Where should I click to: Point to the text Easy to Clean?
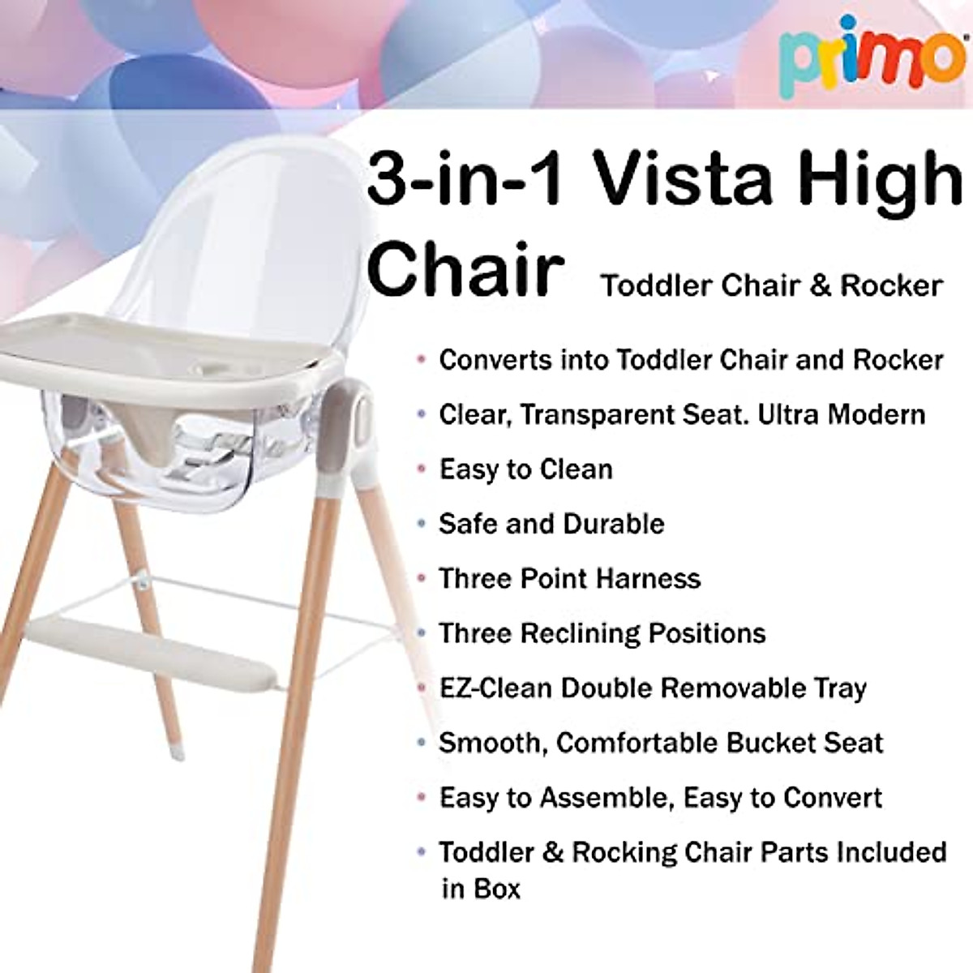[x=525, y=469]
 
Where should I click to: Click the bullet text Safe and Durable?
[x=551, y=524]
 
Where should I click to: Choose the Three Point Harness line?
[x=569, y=579]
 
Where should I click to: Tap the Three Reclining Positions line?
[x=602, y=633]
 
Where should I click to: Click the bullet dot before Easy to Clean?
[x=420, y=469]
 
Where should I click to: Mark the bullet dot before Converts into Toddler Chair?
[x=420, y=360]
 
